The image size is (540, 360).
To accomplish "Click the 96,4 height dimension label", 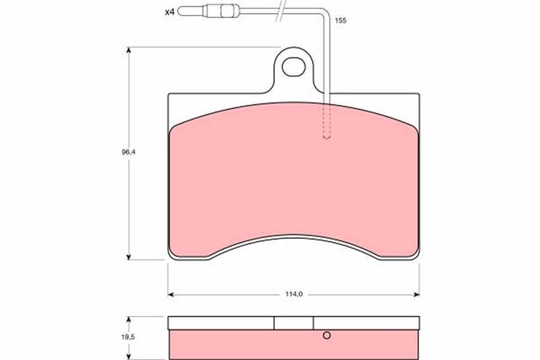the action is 128,152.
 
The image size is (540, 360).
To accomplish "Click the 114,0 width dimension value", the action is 294,294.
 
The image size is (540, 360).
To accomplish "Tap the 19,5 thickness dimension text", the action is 128,337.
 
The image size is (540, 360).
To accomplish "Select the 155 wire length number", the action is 340,20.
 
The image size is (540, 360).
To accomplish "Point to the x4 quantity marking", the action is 169,13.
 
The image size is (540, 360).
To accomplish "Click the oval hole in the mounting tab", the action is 294,67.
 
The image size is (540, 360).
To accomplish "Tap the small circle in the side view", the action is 327,335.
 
